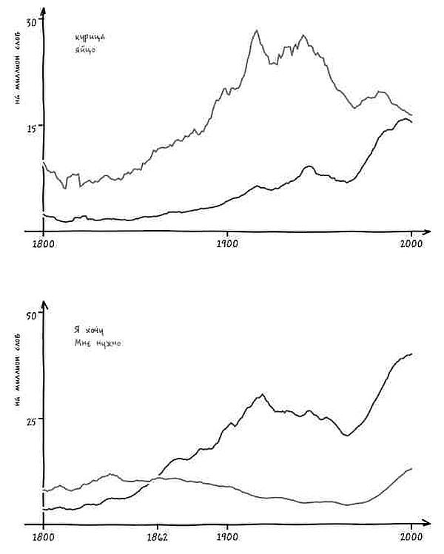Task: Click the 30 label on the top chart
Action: coord(31,23)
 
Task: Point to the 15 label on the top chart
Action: coord(30,127)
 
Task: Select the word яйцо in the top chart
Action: coord(85,50)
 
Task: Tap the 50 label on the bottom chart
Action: coord(30,316)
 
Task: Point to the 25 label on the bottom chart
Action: coord(30,419)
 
